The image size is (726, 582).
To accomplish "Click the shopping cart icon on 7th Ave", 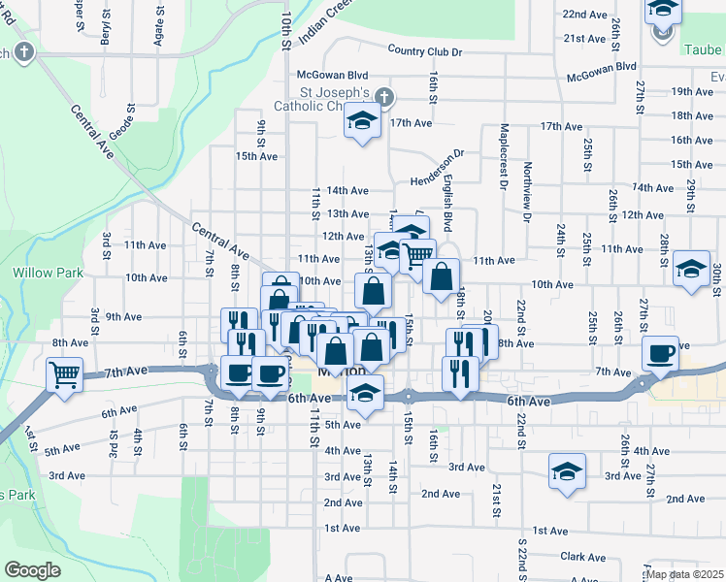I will (64, 372).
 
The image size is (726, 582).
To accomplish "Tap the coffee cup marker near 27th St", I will (661, 354).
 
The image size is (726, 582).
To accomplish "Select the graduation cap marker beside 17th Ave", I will (362, 122).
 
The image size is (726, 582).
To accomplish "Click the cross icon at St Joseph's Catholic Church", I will (384, 96).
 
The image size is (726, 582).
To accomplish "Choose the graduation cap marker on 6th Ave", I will (365, 393).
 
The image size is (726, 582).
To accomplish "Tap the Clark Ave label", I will (582, 557).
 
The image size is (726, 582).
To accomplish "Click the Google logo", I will (32, 570).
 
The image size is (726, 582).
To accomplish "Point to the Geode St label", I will (129, 123).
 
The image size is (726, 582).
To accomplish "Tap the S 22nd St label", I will (521, 555).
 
